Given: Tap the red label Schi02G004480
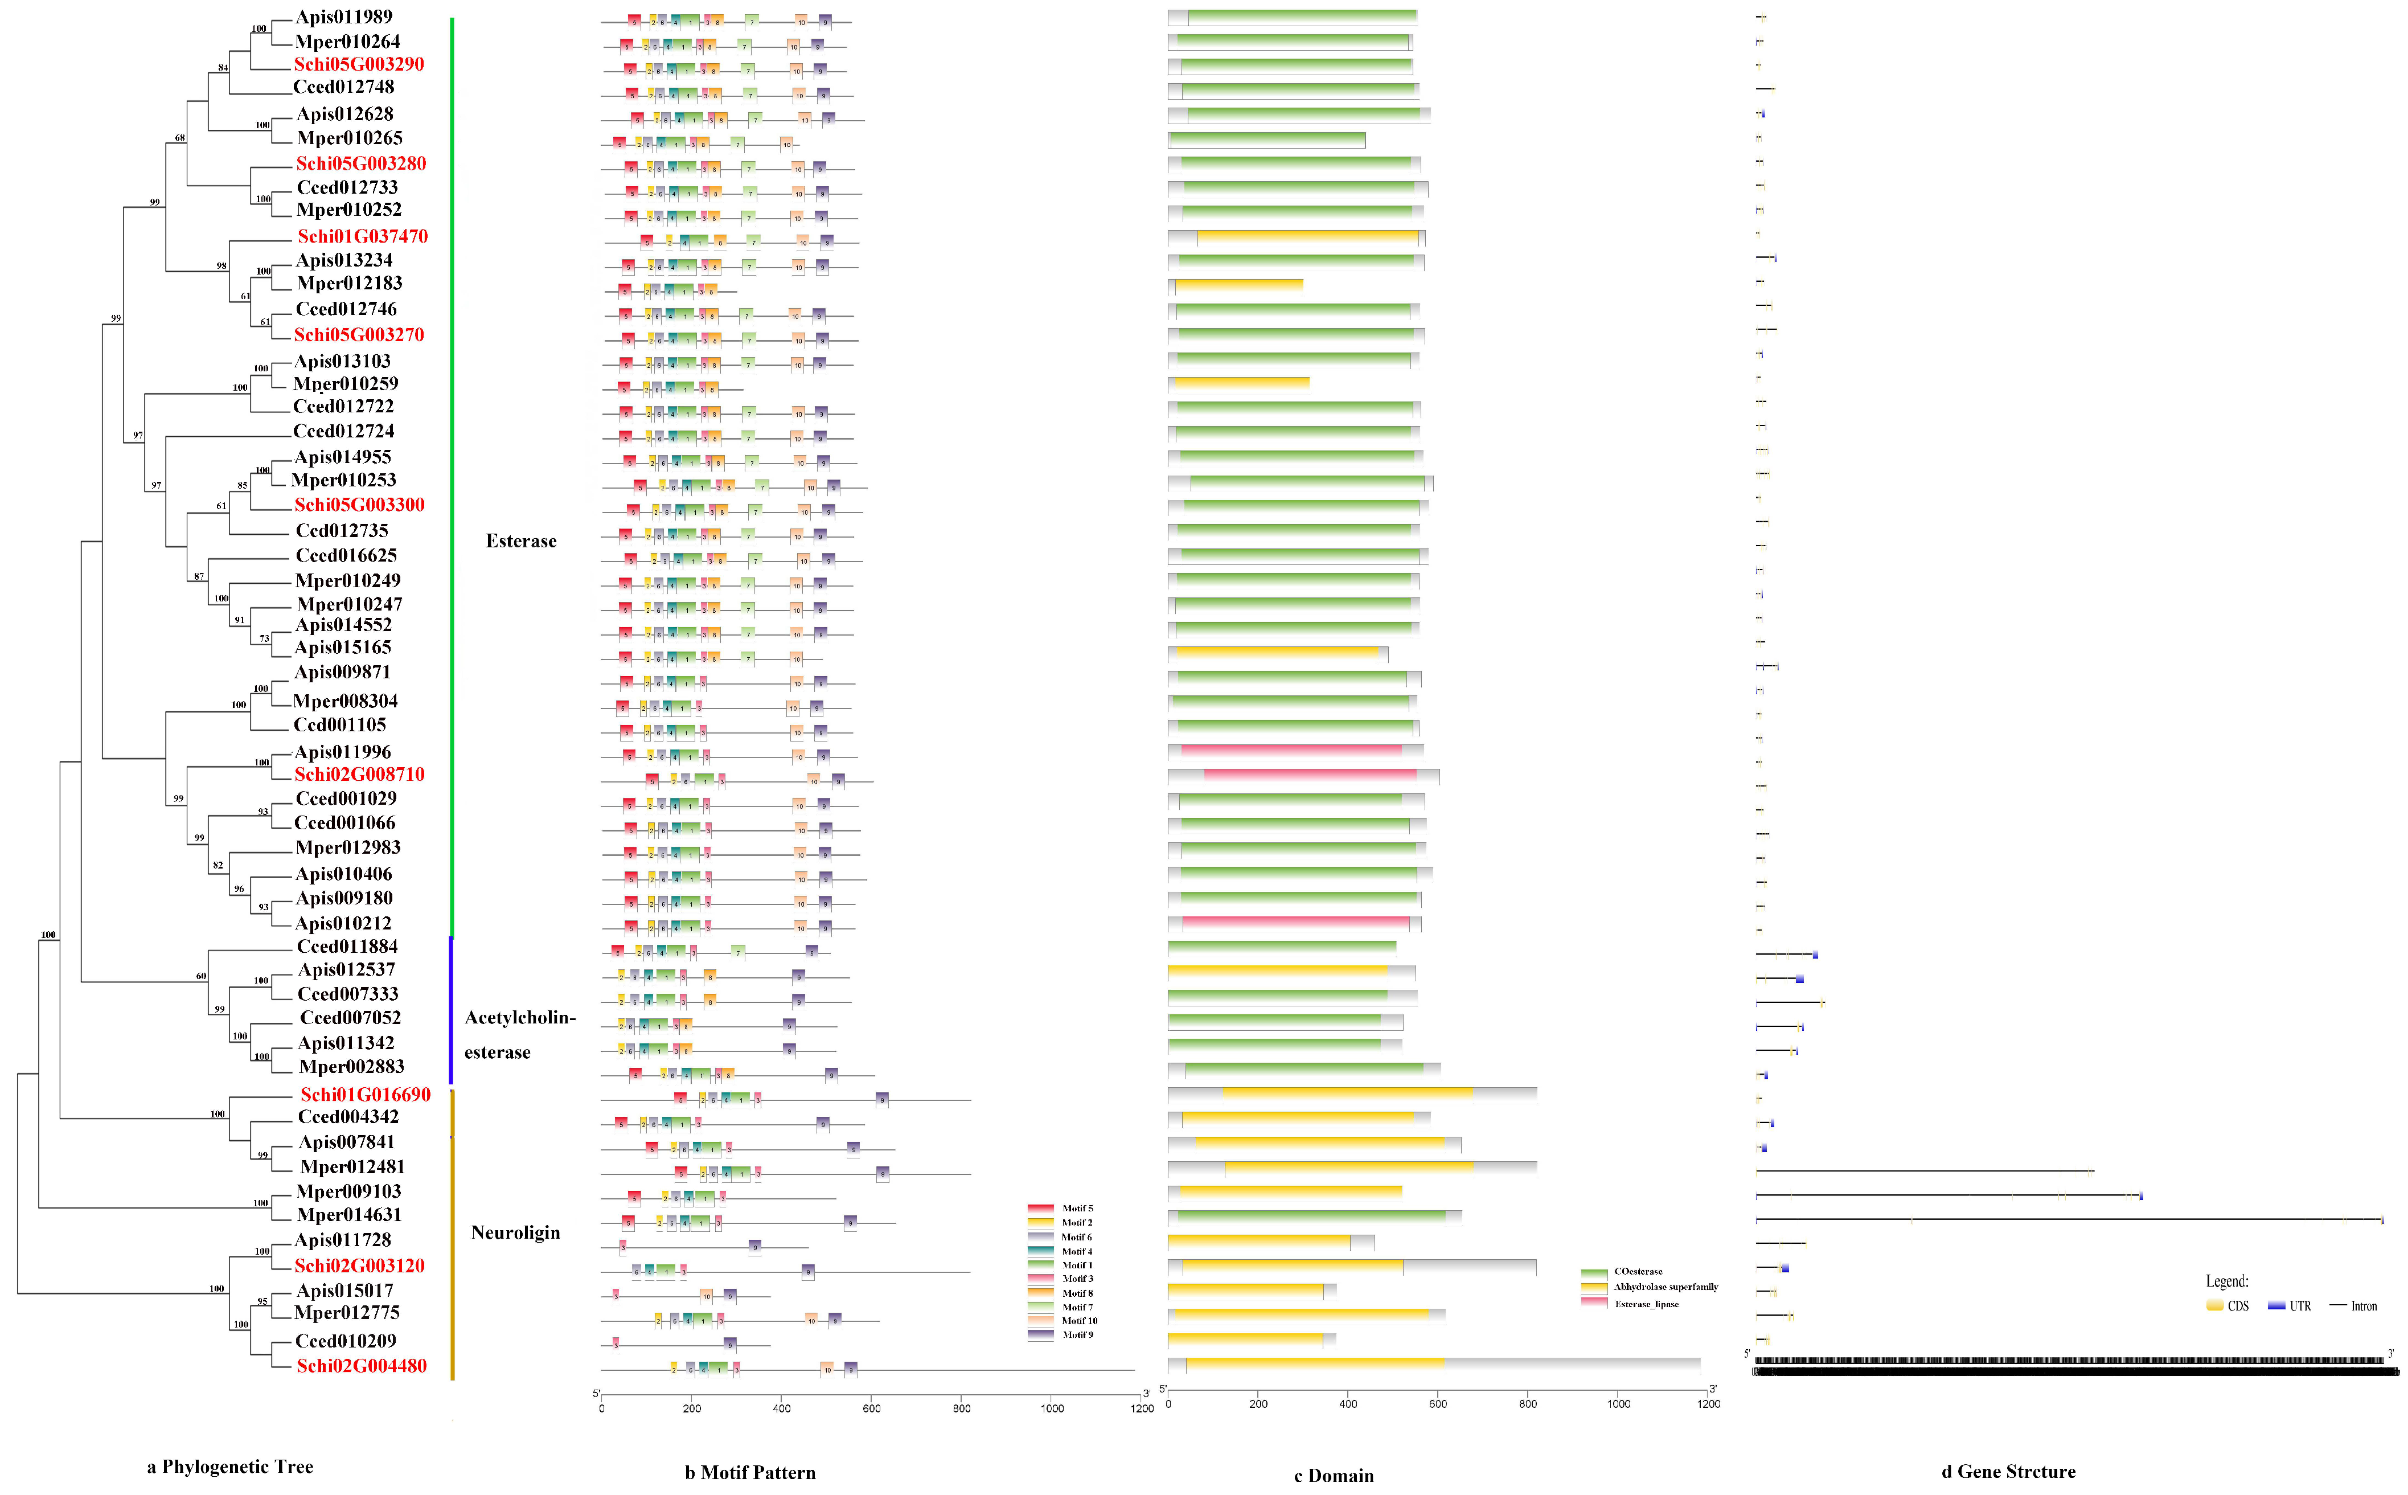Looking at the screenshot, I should (x=361, y=1366).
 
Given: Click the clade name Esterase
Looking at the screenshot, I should (x=521, y=541).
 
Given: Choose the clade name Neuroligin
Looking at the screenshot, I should (x=515, y=1232).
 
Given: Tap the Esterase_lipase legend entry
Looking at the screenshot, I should (x=1646, y=1304).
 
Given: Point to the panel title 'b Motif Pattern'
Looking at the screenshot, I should (x=750, y=1472).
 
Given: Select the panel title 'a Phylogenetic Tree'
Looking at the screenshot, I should (x=230, y=1467).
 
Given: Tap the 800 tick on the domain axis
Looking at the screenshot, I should (x=1528, y=1404).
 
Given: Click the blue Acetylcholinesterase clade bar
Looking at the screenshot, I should (x=451, y=1010).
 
